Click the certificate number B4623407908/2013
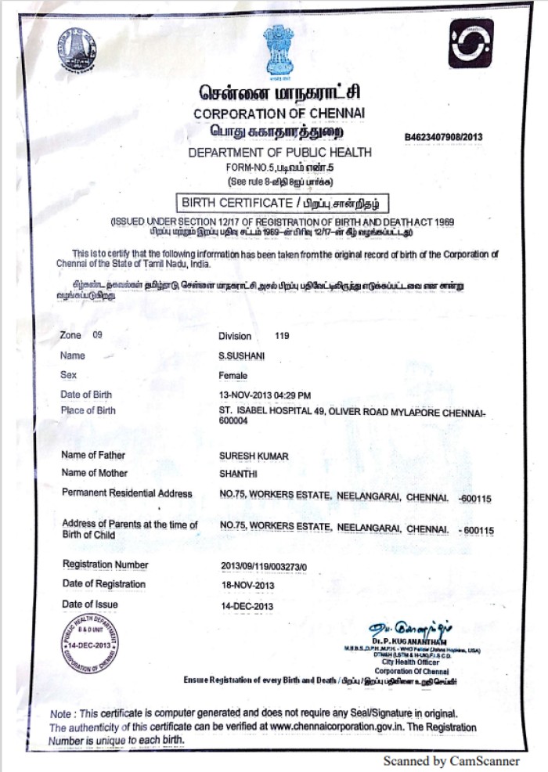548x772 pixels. tap(443, 138)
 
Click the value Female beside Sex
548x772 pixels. tap(233, 376)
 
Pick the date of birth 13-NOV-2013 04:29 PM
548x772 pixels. tap(265, 395)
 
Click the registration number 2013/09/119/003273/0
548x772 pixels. tap(265, 566)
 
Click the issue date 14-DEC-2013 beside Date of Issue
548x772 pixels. tap(247, 605)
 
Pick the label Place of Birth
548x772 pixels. tap(88, 410)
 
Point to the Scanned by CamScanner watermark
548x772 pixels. tap(451, 760)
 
